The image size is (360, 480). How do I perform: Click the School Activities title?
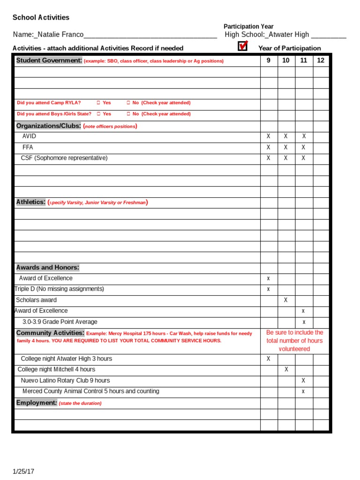pyautogui.click(x=41, y=17)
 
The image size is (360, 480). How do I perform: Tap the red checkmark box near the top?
pyautogui.click(x=242, y=46)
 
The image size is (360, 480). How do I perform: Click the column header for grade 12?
pyautogui.click(x=321, y=60)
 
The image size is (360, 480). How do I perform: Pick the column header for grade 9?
pyautogui.click(x=269, y=60)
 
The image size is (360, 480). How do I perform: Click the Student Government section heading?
pyautogui.click(x=49, y=60)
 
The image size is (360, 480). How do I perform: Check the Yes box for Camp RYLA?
pyautogui.click(x=98, y=103)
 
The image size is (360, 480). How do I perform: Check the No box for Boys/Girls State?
pyautogui.click(x=128, y=114)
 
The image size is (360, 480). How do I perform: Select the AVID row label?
pyautogui.click(x=29, y=136)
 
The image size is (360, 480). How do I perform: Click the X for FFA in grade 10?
pyautogui.click(x=286, y=147)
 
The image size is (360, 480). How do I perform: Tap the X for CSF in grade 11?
pyautogui.click(x=303, y=158)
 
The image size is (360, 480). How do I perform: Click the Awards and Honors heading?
pyautogui.click(x=47, y=268)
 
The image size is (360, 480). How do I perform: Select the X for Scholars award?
pyautogui.click(x=286, y=300)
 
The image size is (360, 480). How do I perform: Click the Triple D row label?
pyautogui.click(x=60, y=289)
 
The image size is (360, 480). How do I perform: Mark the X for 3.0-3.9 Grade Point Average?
pyautogui.click(x=303, y=322)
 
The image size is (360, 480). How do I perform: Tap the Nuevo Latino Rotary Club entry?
pyautogui.click(x=65, y=381)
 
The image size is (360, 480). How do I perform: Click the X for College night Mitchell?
pyautogui.click(x=286, y=370)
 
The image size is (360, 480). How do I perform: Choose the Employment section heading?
pyautogui.click(x=37, y=403)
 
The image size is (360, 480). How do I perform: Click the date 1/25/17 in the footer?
pyautogui.click(x=23, y=471)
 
